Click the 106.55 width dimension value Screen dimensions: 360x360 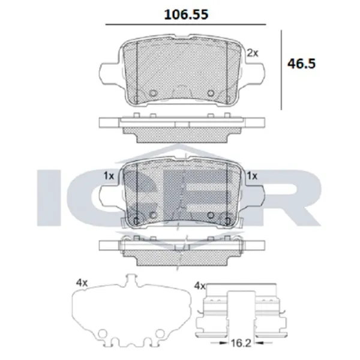[x=186, y=14]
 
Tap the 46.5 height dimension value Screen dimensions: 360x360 [x=301, y=64]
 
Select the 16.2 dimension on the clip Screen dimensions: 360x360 [x=241, y=343]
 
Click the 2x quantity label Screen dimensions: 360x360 [x=253, y=53]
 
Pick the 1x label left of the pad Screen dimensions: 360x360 [x=109, y=176]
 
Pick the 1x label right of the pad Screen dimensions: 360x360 [x=252, y=176]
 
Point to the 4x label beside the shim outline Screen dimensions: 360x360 [x=82, y=283]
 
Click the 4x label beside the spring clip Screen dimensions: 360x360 [x=199, y=286]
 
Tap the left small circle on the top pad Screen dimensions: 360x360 [x=153, y=93]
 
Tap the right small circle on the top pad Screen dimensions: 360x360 [x=211, y=93]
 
